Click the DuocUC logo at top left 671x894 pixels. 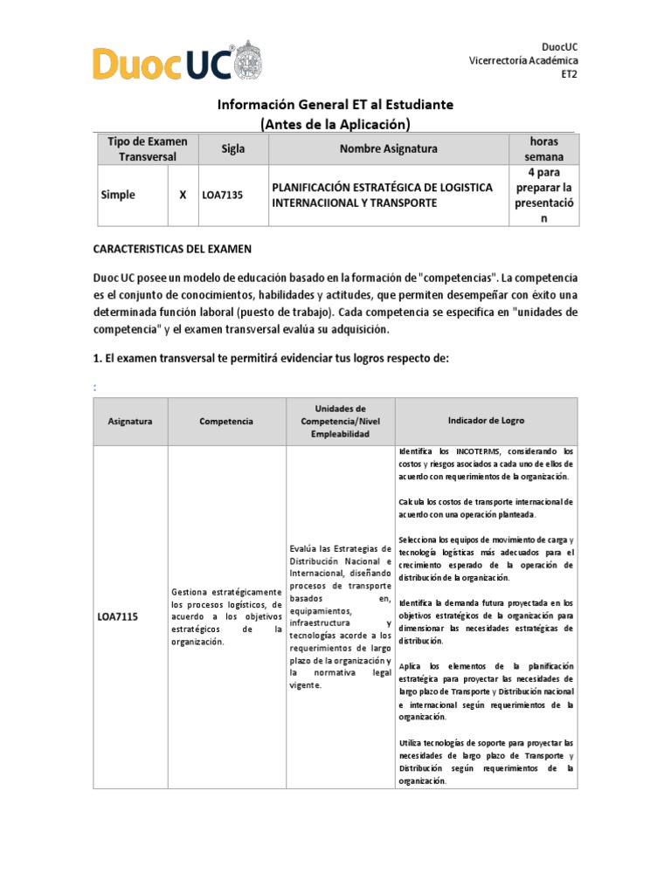tap(163, 63)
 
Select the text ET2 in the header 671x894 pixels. tap(569, 74)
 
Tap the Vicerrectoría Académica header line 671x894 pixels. tap(523, 60)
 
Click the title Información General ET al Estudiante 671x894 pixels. tap(335, 105)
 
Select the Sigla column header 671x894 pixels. tap(232, 149)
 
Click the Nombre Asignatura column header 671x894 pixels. tap(388, 149)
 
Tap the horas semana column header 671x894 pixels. tap(543, 149)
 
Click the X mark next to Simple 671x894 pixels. tap(183, 196)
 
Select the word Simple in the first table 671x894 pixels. tap(118, 196)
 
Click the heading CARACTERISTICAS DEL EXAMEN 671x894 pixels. tap(172, 249)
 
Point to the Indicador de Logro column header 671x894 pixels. tap(486, 421)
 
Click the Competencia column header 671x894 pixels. tap(226, 421)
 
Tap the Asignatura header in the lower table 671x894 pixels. tap(130, 421)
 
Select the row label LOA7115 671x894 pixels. tap(118, 617)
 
